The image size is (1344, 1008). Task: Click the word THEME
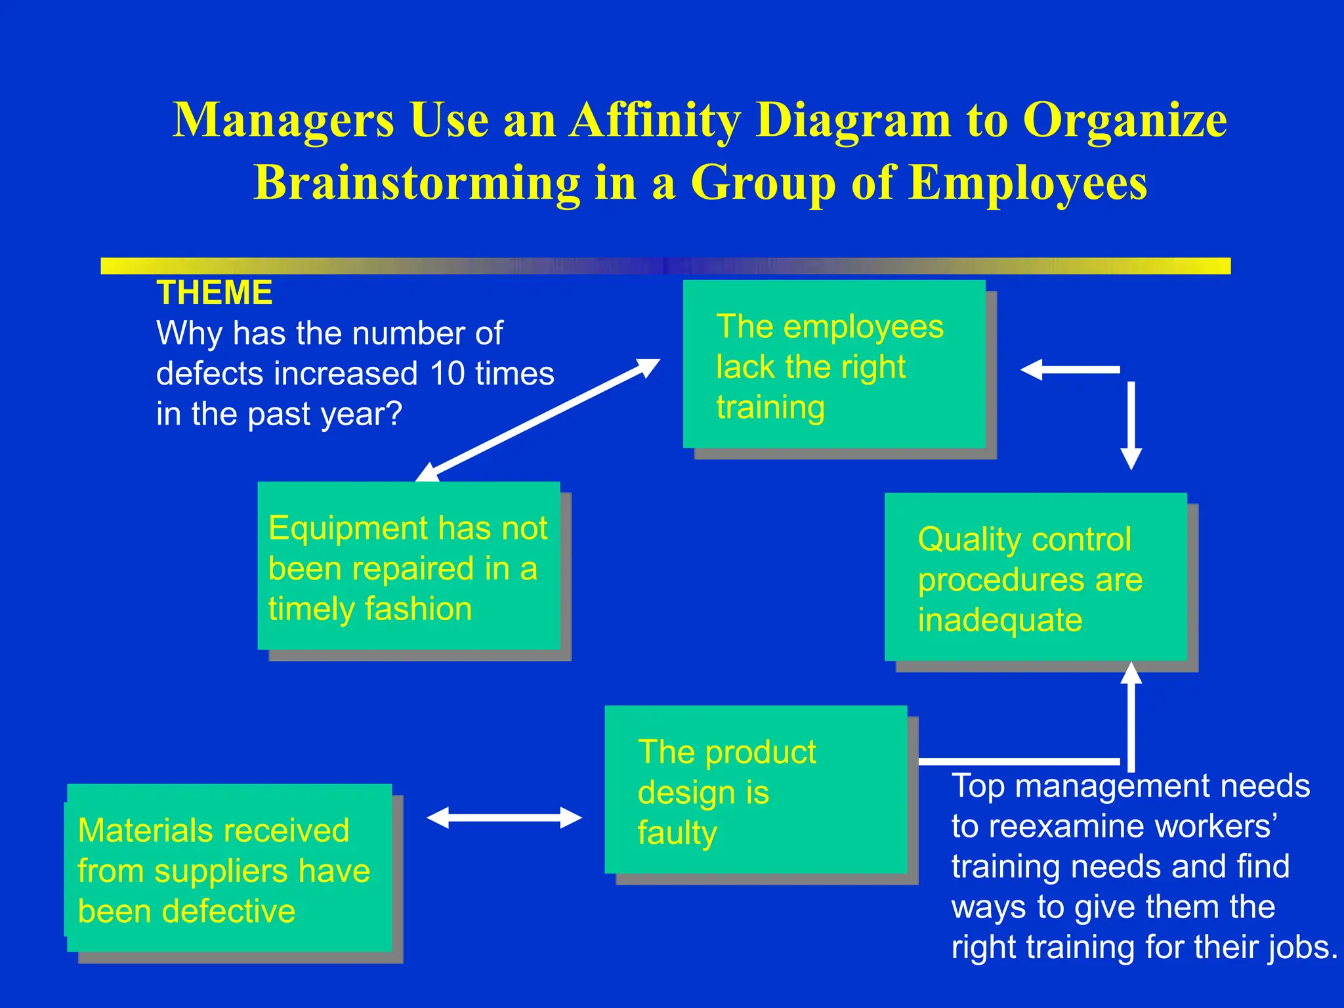[214, 293]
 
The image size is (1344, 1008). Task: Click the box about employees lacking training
[833, 365]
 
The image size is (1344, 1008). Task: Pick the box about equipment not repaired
[408, 566]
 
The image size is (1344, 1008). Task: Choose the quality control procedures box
[1035, 577]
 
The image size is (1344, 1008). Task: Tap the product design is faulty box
[755, 790]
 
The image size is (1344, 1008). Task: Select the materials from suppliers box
[229, 868]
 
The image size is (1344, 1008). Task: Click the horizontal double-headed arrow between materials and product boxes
[504, 818]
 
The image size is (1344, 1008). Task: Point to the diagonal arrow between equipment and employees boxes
[538, 419]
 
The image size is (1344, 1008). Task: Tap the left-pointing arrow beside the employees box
[1070, 369]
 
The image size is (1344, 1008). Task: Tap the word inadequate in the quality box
[999, 620]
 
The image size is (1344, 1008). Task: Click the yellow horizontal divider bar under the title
[665, 266]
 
